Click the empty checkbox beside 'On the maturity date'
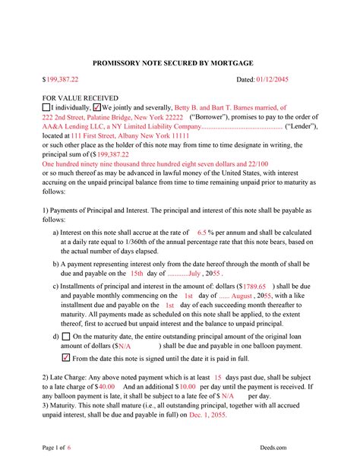click(x=66, y=335)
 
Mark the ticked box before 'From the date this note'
click(x=65, y=357)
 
